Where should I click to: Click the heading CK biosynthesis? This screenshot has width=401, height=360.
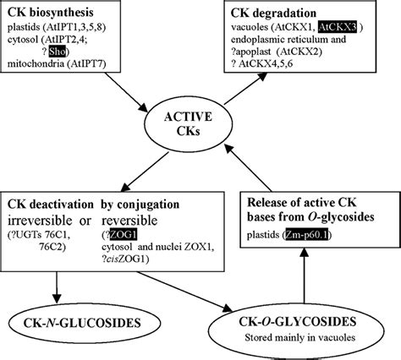54,14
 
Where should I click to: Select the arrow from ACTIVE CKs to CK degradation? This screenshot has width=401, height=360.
238,100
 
